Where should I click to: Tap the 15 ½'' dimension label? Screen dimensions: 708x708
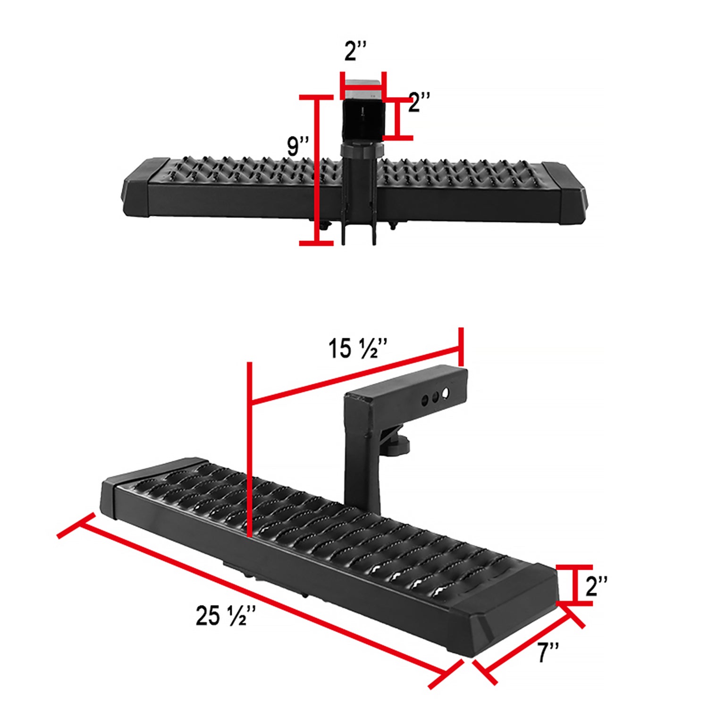coord(357,348)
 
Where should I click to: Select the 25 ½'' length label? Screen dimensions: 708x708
coord(226,615)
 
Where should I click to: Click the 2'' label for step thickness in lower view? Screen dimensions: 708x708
coord(596,586)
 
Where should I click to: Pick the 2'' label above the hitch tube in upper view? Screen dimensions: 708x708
coord(355,51)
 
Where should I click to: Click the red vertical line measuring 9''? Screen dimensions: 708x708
coord(317,170)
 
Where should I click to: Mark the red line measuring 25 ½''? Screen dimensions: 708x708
coord(260,599)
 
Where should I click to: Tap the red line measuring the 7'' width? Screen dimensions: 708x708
coord(529,642)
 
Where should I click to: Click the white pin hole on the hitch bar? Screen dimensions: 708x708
coord(445,393)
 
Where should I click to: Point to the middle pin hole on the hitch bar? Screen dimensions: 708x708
coord(435,396)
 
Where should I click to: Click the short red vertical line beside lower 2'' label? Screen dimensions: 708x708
coord(574,584)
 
